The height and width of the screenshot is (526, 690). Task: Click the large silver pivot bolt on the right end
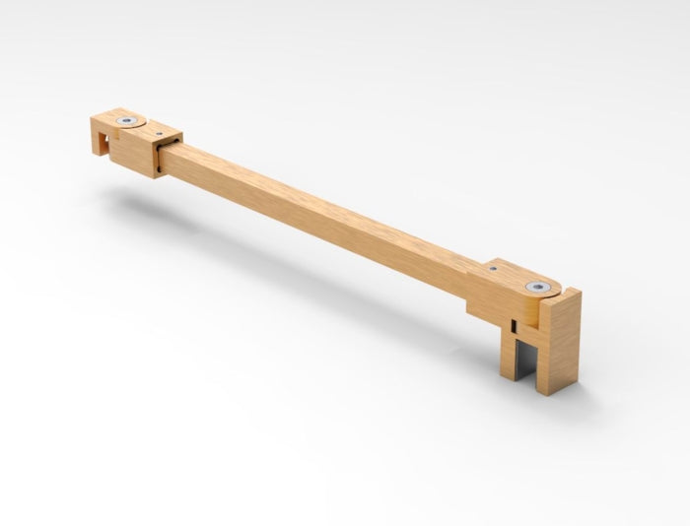pyautogui.click(x=536, y=288)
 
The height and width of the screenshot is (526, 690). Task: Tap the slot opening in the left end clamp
pyautogui.click(x=102, y=146)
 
